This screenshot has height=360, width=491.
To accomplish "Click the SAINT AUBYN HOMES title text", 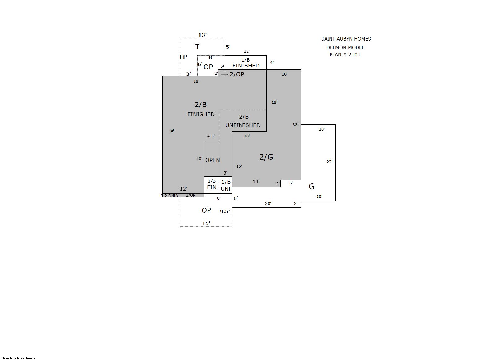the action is pyautogui.click(x=346, y=39).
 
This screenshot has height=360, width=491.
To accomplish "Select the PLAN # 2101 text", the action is pyautogui.click(x=345, y=55).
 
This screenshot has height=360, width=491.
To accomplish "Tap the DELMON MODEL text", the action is pyautogui.click(x=345, y=48).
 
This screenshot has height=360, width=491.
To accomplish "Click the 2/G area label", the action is pyautogui.click(x=266, y=157).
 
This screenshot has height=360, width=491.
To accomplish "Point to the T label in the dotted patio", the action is pyautogui.click(x=197, y=47).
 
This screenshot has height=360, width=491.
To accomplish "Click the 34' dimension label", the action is pyautogui.click(x=171, y=131).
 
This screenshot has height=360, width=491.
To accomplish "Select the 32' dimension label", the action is pyautogui.click(x=295, y=125).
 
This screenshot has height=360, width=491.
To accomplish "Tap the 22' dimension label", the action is pyautogui.click(x=330, y=162).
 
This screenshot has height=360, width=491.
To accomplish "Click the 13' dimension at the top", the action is pyautogui.click(x=203, y=35).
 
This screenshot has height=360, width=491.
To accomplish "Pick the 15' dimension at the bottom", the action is pyautogui.click(x=206, y=223).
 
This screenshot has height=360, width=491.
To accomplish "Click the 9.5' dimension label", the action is pyautogui.click(x=225, y=211).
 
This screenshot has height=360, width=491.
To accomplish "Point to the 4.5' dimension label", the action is pyautogui.click(x=211, y=136).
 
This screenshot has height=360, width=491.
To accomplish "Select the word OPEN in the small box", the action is pyautogui.click(x=213, y=160).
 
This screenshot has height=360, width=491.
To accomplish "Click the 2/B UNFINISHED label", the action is pyautogui.click(x=243, y=121).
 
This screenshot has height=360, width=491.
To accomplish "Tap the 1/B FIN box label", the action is pyautogui.click(x=212, y=184).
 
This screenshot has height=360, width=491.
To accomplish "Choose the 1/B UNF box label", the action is pyautogui.click(x=226, y=185).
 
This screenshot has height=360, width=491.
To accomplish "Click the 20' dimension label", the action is pyautogui.click(x=268, y=203).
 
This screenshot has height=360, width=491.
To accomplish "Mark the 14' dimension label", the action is pyautogui.click(x=256, y=181).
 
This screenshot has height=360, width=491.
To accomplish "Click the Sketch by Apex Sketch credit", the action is pyautogui.click(x=18, y=358).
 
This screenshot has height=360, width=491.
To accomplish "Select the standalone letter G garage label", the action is pyautogui.click(x=311, y=186).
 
